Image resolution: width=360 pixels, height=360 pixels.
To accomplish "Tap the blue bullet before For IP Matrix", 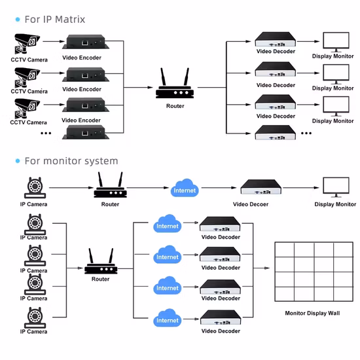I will point(17,20).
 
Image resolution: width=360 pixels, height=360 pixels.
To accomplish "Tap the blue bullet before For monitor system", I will point(17,161).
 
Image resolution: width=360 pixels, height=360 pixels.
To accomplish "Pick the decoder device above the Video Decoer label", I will point(261,188).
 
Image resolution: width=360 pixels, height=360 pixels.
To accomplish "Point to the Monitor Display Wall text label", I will point(312,314).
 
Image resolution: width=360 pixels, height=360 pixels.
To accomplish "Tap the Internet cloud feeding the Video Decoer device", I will point(184,190).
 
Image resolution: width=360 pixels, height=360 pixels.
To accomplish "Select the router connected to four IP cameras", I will point(101,263).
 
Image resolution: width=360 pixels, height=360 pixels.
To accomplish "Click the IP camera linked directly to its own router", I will point(33,188).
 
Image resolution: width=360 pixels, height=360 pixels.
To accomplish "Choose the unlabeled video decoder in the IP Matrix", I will point(274,133).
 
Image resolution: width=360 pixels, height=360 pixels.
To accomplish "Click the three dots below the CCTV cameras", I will point(46,133).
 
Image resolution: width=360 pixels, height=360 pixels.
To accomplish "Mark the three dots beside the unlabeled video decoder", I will point(306,133).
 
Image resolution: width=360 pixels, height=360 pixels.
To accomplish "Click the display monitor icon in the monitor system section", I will point(335,188).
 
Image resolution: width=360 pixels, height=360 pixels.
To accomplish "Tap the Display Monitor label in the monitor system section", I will point(335,205).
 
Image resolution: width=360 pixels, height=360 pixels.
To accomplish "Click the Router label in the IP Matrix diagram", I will point(175,106).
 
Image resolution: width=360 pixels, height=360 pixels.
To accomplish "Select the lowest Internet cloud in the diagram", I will point(167,319).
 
